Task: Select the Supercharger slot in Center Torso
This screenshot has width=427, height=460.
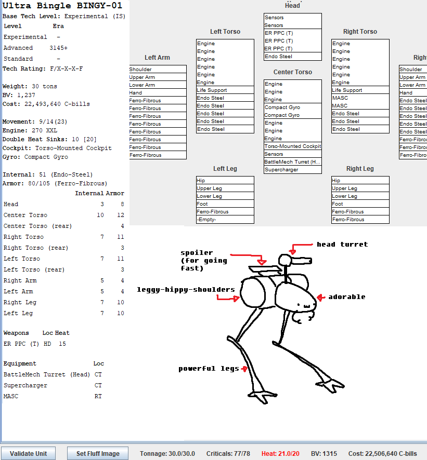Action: pyautogui.click(x=292, y=170)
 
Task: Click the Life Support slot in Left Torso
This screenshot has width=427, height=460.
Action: pyautogui.click(x=225, y=90)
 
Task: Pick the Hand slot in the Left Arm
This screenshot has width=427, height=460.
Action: pyautogui.click(x=157, y=93)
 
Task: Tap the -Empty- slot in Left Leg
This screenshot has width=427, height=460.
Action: pyautogui.click(x=225, y=220)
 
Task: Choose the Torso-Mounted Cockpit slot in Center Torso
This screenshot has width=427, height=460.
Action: pyautogui.click(x=292, y=146)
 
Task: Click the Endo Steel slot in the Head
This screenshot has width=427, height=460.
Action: pyautogui.click(x=292, y=57)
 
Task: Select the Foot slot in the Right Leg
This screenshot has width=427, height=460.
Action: pyautogui.click(x=360, y=204)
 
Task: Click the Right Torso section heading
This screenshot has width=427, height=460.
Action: pyautogui.click(x=360, y=32)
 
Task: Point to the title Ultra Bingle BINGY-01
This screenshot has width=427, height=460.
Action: pyautogui.click(x=62, y=6)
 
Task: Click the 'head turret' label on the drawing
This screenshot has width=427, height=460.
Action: pyautogui.click(x=342, y=245)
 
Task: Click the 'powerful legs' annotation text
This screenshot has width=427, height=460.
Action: pyautogui.click(x=209, y=369)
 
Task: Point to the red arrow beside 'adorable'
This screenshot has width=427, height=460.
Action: pyautogui.click(x=321, y=297)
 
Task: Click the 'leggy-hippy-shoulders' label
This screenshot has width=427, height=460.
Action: pyautogui.click(x=186, y=289)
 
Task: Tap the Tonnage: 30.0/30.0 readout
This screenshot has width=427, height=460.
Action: pyautogui.click(x=167, y=453)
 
